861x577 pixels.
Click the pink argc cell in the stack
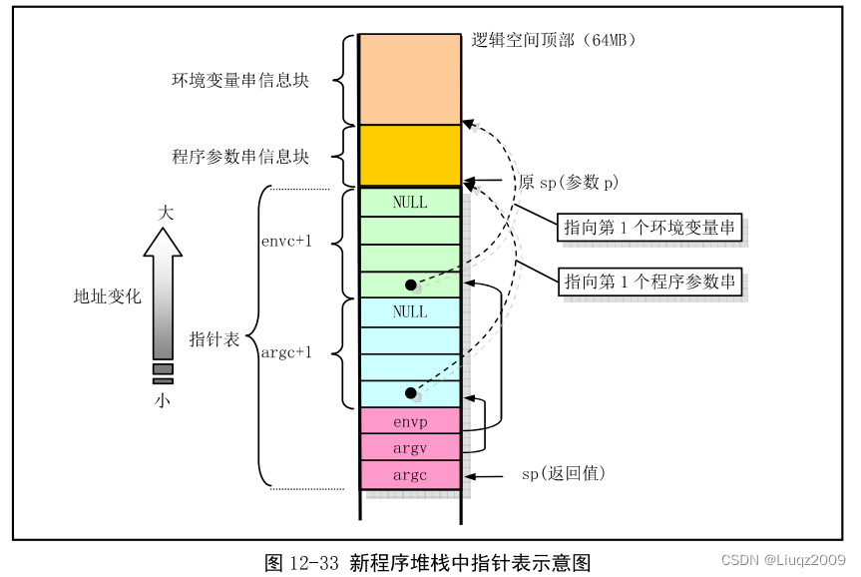pos(410,474)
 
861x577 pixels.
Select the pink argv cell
pos(410,447)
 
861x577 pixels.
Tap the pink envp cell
pos(410,420)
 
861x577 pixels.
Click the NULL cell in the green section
pos(410,202)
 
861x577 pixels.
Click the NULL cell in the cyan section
pos(410,311)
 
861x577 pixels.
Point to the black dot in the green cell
pos(410,285)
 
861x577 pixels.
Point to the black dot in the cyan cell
pos(410,393)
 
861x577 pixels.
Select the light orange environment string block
pos(410,80)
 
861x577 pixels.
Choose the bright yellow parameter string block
pos(410,155)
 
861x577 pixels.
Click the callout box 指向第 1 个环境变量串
pos(648,228)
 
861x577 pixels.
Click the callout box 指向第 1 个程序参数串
pos(648,282)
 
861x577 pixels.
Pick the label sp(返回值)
pos(564,473)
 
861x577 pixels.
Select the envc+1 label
pos(288,241)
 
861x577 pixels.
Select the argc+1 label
pos(288,352)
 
